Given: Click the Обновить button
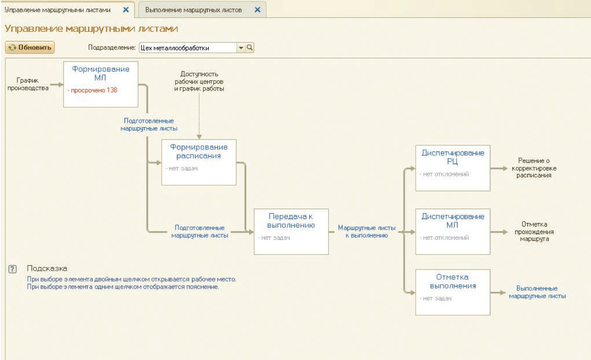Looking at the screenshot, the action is tap(30, 47).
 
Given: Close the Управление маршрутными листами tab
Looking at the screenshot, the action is tap(126, 10).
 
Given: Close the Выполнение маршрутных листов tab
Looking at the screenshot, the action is tap(257, 10).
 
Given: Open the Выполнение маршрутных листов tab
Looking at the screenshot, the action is tap(193, 10).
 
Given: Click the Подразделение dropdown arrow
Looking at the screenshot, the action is tap(241, 48).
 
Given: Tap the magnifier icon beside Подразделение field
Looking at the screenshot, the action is tap(250, 47).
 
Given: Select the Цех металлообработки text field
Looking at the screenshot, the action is tap(188, 48).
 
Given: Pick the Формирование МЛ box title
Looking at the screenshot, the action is tap(100, 73).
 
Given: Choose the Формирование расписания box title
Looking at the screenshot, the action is tap(199, 151).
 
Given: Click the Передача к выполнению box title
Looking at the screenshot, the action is tap(291, 221).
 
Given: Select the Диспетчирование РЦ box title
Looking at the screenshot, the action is tap(453, 157).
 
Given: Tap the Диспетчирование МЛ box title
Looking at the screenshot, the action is tap(453, 221).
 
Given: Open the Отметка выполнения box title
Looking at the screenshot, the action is tap(453, 281).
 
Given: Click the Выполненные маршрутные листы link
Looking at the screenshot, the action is tap(537, 292).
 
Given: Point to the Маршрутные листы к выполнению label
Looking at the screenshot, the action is tap(367, 231).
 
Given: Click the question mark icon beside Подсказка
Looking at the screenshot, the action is tap(12, 269).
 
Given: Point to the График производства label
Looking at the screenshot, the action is tap(28, 84).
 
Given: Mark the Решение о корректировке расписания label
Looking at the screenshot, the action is tap(534, 168).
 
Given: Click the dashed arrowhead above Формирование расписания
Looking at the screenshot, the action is tap(199, 137).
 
